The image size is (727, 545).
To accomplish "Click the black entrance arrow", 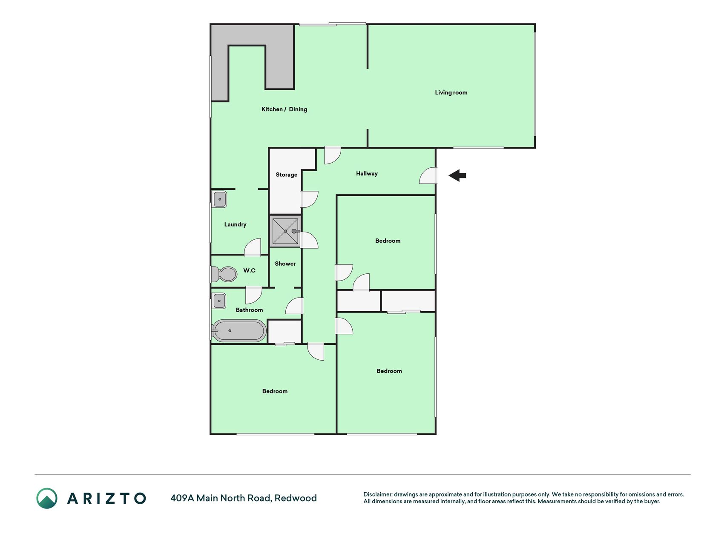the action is point(457,175).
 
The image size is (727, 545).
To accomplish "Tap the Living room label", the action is point(451,92).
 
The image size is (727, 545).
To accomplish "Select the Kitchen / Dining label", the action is point(284,109).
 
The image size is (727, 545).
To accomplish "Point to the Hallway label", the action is point(367,173).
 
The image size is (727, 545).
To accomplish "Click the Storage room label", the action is point(286,175).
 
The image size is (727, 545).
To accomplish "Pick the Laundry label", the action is point(235,224).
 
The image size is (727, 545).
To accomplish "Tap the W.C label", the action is point(249,270).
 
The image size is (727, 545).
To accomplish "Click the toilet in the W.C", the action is point(224,274).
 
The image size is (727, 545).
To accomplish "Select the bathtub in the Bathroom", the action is point(239,331).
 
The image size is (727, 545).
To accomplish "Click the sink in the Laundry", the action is point(219,199).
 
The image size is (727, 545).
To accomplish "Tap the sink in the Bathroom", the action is point(219,301).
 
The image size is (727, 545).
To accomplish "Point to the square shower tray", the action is point(285,231).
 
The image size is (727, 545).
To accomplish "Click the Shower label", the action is point(285,264).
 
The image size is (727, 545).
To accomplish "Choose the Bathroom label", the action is point(249,310).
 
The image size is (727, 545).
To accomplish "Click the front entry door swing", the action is point(428,175).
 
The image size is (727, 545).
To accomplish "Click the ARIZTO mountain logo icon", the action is point(47,498).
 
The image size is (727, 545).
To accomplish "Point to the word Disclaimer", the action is point(378,494).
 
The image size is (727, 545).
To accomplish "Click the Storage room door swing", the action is point(310,199).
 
